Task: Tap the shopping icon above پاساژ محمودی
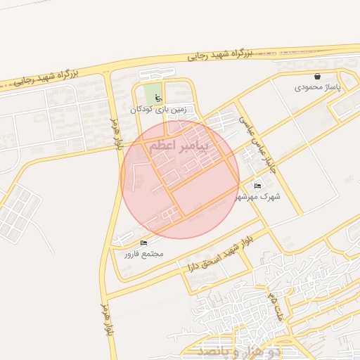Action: pyautogui.click(x=317, y=76)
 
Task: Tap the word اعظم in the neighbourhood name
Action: pyautogui.click(x=163, y=148)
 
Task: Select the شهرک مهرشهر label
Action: pyautogui.click(x=259, y=197)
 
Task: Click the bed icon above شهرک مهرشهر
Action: pyautogui.click(x=257, y=186)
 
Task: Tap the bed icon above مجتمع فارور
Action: pyautogui.click(x=144, y=243)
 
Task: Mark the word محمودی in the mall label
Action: pyautogui.click(x=308, y=87)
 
